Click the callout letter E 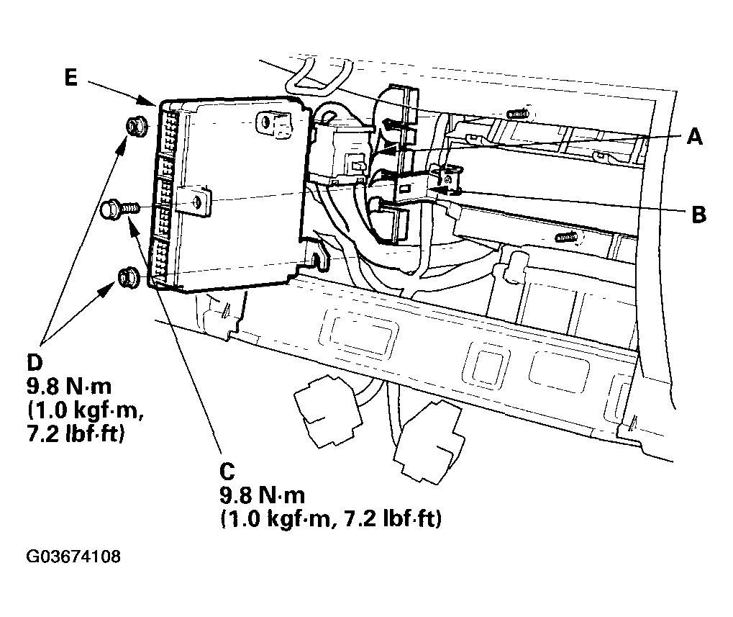[x=70, y=77]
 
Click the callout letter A [x=693, y=135]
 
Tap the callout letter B [x=697, y=214]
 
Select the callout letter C [x=227, y=471]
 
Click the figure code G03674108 [x=73, y=557]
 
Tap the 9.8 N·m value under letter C [x=262, y=495]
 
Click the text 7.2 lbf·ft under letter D [x=73, y=435]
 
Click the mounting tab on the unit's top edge [x=274, y=124]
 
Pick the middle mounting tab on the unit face [x=199, y=202]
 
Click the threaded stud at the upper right [x=518, y=113]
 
